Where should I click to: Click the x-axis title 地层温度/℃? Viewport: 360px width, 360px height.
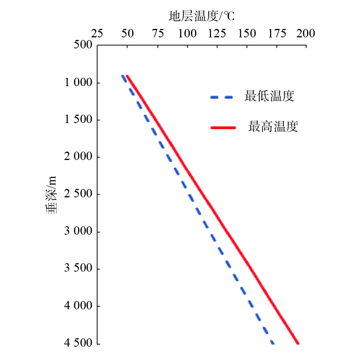(202, 17)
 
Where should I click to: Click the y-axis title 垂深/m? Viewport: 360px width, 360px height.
(52, 194)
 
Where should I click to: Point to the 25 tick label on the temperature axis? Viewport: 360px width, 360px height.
(97, 34)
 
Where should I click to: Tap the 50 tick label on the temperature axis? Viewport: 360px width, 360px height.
(127, 34)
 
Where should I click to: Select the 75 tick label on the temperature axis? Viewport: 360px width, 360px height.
(157, 34)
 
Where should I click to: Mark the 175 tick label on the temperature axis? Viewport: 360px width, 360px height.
(277, 34)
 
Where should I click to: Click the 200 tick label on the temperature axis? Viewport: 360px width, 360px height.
(306, 34)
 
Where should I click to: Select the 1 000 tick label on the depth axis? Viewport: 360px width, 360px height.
(76, 83)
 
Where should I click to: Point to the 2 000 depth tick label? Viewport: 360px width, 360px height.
(76, 157)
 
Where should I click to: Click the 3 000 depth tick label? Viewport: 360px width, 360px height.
(76, 232)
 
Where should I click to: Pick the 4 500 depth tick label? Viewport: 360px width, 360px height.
(76, 343)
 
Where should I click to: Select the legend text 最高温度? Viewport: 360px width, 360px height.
(273, 126)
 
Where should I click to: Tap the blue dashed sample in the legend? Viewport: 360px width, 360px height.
(221, 98)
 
